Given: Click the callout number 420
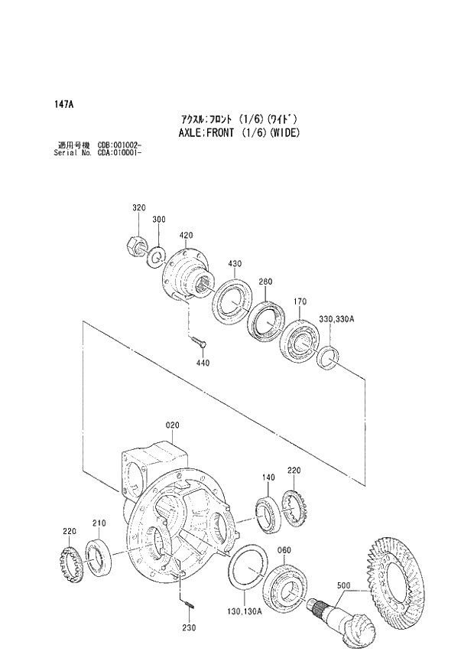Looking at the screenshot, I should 186,235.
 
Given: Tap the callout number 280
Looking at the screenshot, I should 265,282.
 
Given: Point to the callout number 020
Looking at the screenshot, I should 170,424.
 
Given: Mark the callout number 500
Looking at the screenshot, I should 343,586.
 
